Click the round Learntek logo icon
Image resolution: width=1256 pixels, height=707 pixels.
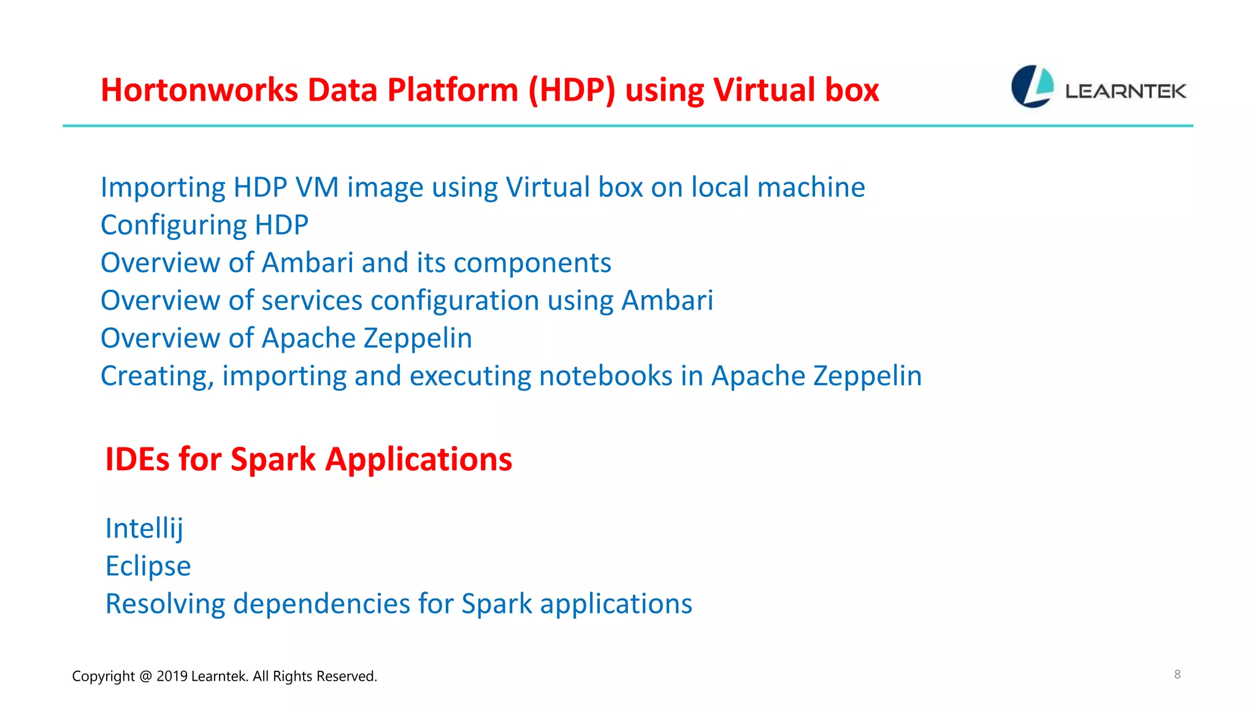(1032, 87)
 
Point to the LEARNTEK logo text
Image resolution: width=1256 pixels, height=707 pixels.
(1125, 91)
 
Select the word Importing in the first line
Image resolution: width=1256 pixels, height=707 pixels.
(163, 188)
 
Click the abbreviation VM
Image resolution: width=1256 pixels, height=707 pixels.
(317, 187)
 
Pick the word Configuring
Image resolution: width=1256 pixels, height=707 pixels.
(174, 225)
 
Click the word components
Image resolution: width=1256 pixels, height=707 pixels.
(532, 263)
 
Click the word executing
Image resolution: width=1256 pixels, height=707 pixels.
(470, 376)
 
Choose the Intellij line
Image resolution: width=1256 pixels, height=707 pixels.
(144, 528)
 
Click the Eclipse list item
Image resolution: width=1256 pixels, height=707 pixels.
(148, 566)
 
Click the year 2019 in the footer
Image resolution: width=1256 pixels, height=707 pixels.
(172, 676)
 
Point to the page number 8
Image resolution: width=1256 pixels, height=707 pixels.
(1177, 674)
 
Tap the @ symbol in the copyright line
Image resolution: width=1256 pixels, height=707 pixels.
(145, 676)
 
